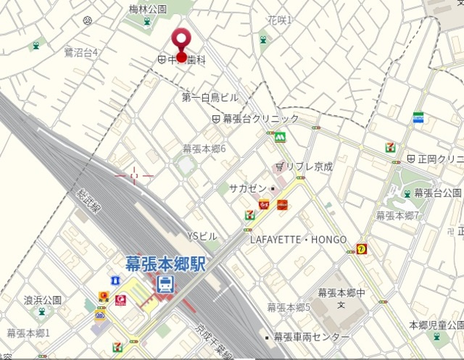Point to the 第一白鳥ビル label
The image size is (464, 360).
210,97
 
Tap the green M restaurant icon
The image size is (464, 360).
279,136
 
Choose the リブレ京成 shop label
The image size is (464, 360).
309,167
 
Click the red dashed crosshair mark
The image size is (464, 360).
134,175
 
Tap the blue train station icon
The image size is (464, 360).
166,284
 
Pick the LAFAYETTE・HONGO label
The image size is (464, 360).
298,239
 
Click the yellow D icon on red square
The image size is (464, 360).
361,248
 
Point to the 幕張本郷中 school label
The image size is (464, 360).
341,293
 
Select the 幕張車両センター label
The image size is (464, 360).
311,338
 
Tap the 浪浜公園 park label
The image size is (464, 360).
42,299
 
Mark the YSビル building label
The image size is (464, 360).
202,236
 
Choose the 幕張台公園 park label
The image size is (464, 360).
438,193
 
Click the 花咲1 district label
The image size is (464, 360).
279,20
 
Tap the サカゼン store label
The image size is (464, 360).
248,188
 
